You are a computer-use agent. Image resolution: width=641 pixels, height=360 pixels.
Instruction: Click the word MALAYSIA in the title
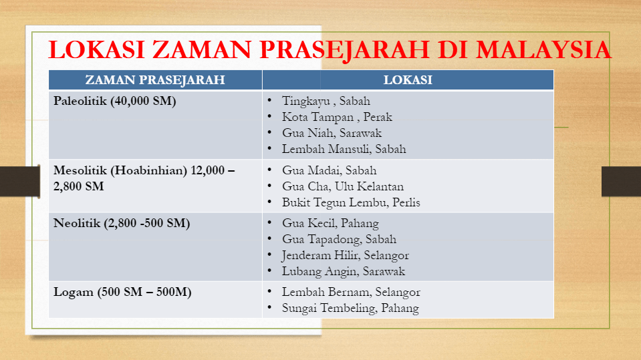coord(543,50)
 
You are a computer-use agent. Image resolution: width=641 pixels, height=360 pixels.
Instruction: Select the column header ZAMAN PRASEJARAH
coord(155,79)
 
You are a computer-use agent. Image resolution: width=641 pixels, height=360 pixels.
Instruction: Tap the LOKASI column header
coord(408,79)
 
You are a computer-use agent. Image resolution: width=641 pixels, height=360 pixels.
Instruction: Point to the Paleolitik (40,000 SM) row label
coord(115,101)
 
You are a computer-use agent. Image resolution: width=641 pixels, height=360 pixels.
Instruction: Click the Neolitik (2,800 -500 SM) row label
coord(122,223)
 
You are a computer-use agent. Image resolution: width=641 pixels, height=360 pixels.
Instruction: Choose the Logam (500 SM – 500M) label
coord(122,292)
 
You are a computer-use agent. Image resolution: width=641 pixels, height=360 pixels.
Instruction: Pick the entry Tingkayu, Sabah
coord(326,101)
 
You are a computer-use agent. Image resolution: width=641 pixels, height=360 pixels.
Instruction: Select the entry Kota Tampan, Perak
coord(337,117)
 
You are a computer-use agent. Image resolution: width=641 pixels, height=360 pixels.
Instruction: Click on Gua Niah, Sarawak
coord(332,133)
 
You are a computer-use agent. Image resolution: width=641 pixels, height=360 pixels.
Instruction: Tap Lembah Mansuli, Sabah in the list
coord(344,149)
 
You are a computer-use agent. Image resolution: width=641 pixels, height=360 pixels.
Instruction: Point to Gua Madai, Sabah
coord(329,170)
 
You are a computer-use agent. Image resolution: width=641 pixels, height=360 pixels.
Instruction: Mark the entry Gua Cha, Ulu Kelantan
coord(343,186)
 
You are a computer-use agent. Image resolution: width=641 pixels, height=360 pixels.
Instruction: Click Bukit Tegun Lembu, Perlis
coord(351,202)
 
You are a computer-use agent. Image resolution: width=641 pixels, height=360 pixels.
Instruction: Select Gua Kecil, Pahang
coord(330,223)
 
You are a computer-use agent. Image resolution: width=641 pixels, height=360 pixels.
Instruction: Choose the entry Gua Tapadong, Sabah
coord(339,239)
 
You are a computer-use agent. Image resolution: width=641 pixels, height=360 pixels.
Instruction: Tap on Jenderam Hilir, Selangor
coord(345,255)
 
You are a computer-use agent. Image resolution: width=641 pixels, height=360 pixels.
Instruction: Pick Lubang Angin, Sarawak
coord(344,271)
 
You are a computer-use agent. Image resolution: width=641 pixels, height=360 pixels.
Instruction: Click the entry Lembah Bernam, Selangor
coord(351,292)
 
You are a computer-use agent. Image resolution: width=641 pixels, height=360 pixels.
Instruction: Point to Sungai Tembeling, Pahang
coord(350,308)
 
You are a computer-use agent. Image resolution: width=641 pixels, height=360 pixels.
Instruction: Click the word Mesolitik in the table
coord(80,170)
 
